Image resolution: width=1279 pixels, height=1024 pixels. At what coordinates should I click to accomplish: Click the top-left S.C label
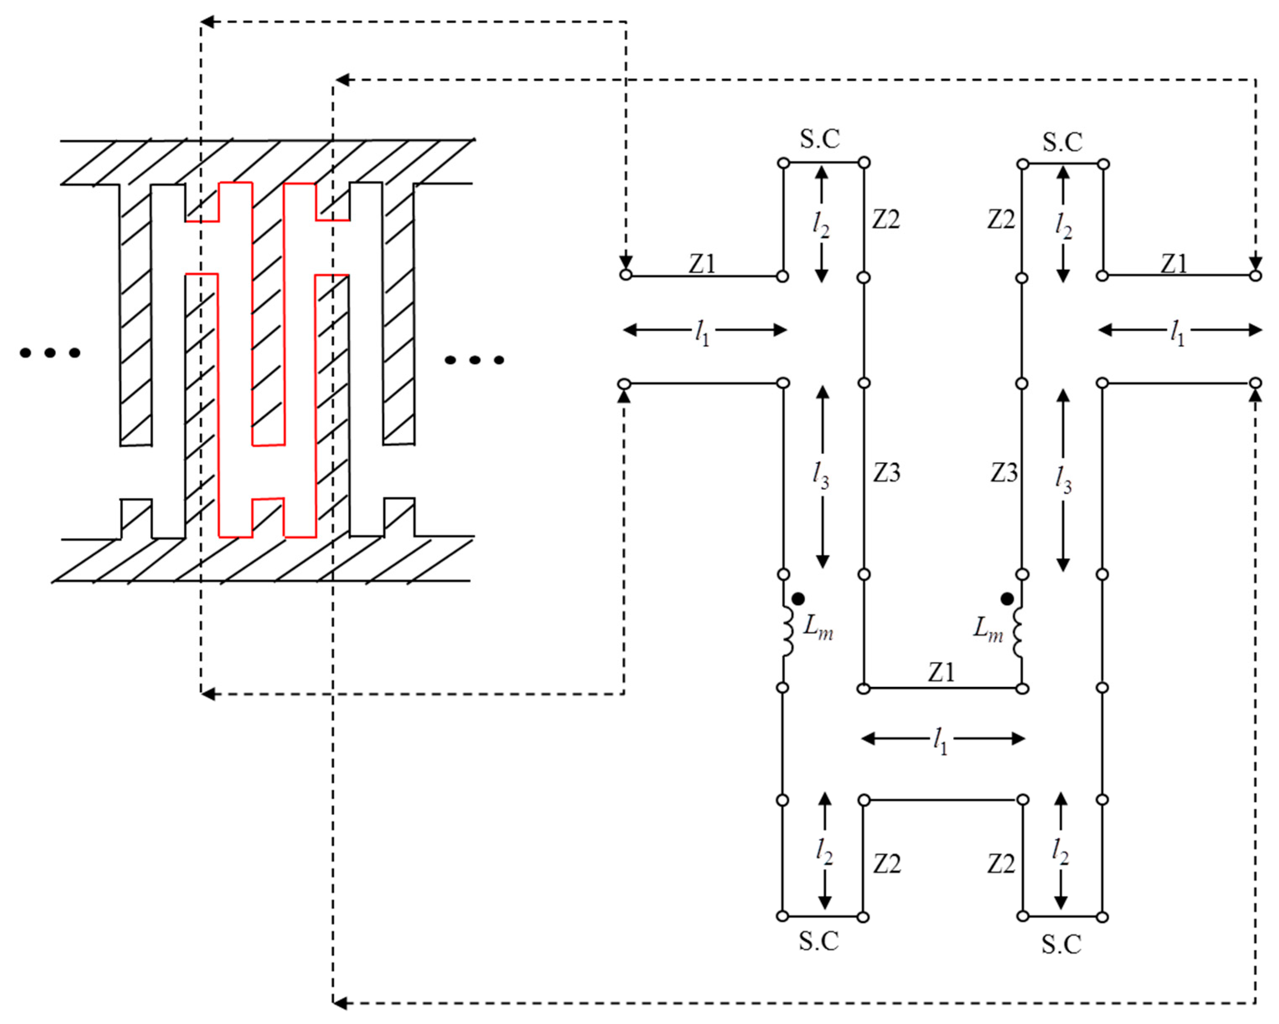[820, 139]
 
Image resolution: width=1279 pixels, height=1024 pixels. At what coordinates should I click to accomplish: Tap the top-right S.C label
[1062, 142]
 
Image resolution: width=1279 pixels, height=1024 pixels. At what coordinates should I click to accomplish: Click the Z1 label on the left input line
[703, 263]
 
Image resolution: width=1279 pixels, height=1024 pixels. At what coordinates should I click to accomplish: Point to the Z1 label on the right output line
[1174, 263]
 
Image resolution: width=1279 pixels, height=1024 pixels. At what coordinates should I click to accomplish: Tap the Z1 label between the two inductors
[941, 672]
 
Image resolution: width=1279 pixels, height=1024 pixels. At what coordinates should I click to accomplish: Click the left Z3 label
[886, 473]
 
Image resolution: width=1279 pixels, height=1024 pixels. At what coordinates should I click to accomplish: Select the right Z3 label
[1004, 473]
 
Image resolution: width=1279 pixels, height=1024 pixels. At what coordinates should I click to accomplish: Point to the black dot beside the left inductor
[798, 599]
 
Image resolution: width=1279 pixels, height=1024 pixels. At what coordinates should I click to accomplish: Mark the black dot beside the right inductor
[1007, 599]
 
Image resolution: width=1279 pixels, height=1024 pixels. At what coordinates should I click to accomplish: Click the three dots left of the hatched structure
[50, 353]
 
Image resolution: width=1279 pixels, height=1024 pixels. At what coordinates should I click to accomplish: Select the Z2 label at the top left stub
[886, 220]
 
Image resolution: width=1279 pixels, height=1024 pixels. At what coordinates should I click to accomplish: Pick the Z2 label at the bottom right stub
[1001, 865]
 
